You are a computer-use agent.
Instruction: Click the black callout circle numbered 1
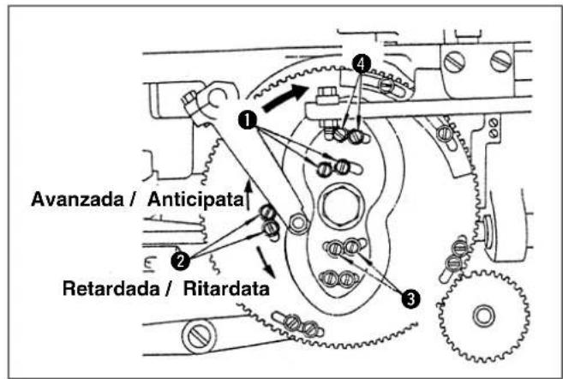click(x=248, y=120)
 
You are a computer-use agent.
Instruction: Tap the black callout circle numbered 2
click(x=180, y=261)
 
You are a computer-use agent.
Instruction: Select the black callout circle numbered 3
click(x=410, y=298)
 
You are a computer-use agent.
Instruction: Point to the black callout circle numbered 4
click(x=362, y=63)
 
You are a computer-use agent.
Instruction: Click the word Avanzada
click(x=77, y=199)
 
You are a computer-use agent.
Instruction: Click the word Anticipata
click(x=195, y=199)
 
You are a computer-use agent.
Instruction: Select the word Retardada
click(x=111, y=288)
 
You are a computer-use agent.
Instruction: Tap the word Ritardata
click(x=226, y=288)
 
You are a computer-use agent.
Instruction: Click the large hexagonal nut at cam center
click(x=341, y=205)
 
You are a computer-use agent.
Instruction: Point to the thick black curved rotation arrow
click(x=285, y=98)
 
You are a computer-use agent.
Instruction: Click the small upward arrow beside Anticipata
click(x=249, y=194)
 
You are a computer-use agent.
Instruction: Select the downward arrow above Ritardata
click(x=266, y=262)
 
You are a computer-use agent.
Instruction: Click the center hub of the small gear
click(x=483, y=316)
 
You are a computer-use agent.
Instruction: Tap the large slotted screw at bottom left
click(x=199, y=337)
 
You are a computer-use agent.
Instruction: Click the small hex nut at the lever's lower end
click(x=298, y=224)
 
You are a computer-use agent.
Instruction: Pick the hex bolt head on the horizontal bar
click(x=326, y=95)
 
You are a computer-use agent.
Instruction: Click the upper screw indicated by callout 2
click(x=268, y=213)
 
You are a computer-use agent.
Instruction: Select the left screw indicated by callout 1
click(x=325, y=169)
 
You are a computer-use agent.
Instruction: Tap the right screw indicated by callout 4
click(x=356, y=135)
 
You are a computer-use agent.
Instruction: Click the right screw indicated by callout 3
click(x=351, y=246)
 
